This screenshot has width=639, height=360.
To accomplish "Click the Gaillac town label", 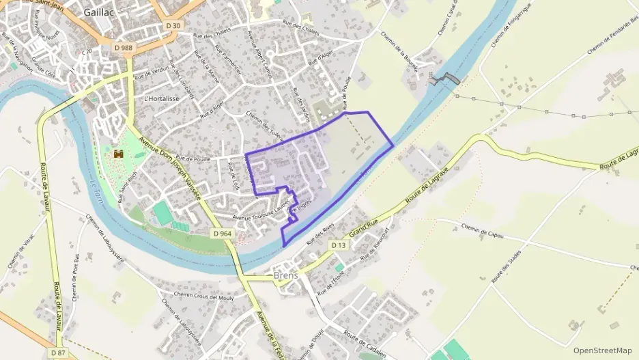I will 100,12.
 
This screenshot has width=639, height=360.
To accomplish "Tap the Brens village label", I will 286,275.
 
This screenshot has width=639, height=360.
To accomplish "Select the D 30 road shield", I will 174,26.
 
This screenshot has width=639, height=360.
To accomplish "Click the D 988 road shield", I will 123,47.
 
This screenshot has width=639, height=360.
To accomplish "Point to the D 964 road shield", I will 223,233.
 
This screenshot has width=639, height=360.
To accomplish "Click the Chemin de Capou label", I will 482,231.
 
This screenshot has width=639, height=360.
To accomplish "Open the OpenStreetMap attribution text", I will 603,350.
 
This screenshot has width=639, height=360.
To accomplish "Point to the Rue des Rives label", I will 319,236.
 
